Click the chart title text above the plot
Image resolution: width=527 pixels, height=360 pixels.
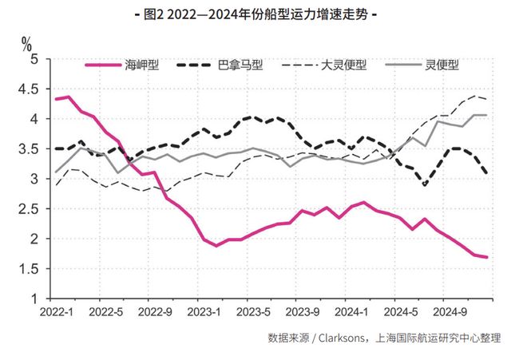click(x=263, y=14)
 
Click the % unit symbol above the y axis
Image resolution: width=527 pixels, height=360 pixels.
click(x=26, y=42)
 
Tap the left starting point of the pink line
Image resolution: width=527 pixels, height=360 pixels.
click(x=55, y=99)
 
